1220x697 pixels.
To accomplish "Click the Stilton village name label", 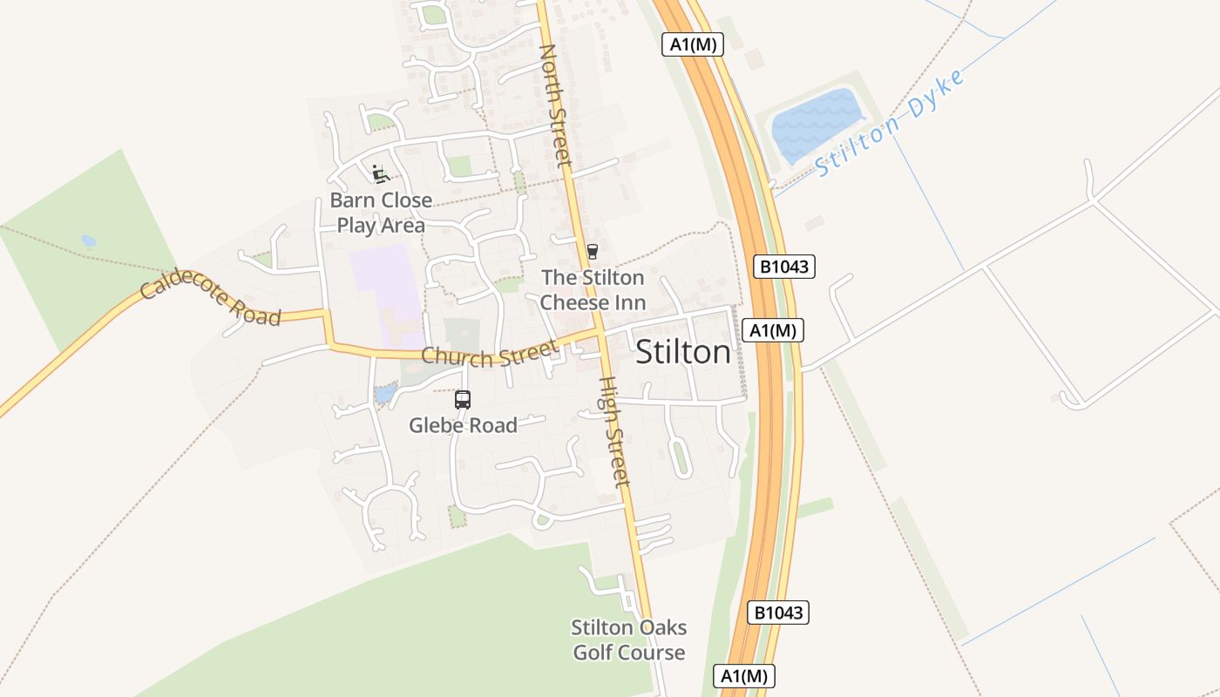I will point(683,352).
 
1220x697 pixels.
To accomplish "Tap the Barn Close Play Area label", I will point(381,213).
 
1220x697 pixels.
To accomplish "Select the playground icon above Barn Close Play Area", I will point(380,174).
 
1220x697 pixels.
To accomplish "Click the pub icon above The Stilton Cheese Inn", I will point(593,252).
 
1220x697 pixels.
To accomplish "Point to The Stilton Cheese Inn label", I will point(593,290).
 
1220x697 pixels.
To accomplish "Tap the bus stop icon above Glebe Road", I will point(463,400).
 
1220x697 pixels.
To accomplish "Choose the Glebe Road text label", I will point(464,425).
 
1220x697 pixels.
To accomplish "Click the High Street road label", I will point(614,431).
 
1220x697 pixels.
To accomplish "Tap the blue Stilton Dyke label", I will point(891,125).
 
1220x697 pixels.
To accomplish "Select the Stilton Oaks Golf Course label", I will point(628,639).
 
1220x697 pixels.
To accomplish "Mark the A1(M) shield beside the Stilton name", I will point(772,330).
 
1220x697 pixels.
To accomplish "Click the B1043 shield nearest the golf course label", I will point(778,612).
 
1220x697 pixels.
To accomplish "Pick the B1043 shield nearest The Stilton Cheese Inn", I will point(784,267).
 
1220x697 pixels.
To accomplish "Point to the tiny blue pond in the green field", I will point(88,240).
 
